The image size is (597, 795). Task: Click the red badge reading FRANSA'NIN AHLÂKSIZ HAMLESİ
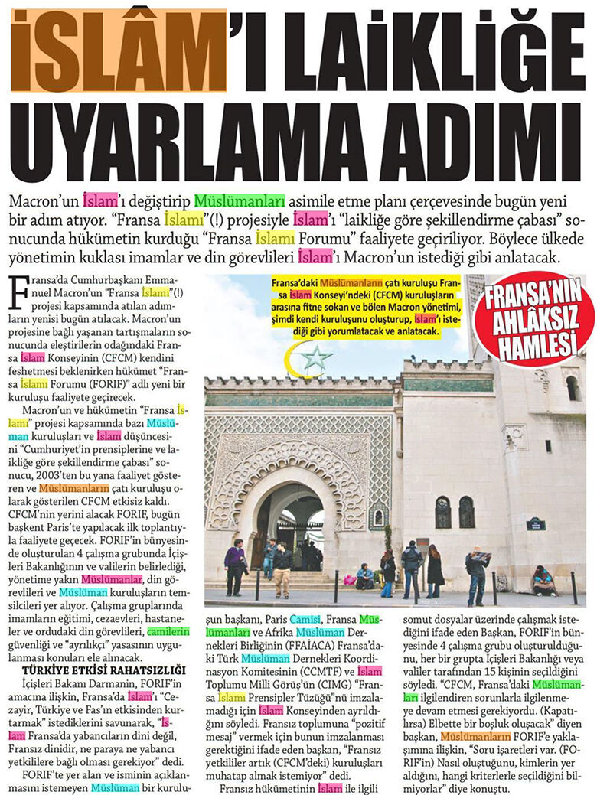pos(533,321)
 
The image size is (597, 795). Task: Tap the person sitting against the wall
pos(543,581)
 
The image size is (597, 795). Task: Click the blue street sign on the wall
pos(535,524)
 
